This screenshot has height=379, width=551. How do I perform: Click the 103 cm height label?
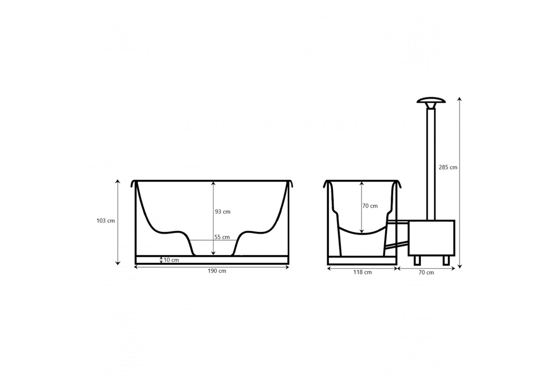(105, 221)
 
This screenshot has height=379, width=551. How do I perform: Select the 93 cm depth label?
(222, 212)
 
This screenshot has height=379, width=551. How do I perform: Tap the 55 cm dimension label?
(222, 237)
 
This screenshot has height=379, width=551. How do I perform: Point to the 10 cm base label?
(171, 260)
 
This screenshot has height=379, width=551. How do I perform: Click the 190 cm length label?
(217, 271)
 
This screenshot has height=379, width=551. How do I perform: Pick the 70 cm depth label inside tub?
(370, 206)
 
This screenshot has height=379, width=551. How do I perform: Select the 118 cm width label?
(362, 272)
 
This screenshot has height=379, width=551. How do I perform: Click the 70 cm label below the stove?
(426, 272)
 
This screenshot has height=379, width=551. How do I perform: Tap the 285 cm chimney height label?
(448, 167)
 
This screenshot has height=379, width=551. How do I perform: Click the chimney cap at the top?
(431, 102)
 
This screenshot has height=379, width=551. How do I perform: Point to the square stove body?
(431, 237)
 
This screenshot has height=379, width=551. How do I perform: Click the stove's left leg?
(417, 260)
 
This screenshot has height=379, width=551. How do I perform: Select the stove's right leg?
(446, 260)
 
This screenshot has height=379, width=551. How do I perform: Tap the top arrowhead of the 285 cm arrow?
(459, 100)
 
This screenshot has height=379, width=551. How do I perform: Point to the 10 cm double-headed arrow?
(161, 260)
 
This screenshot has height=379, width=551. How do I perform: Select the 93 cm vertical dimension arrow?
(213, 218)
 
